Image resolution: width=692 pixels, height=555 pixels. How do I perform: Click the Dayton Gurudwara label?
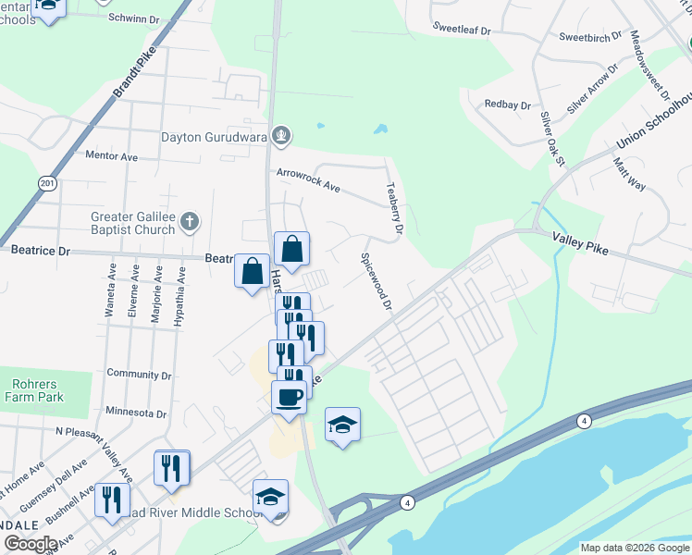click(214, 137)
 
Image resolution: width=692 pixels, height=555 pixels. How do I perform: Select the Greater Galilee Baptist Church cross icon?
click(189, 222)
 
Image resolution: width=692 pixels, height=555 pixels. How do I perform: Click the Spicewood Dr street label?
click(377, 281)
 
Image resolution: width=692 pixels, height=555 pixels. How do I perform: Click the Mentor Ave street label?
click(111, 156)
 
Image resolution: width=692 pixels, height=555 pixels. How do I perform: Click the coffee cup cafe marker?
click(289, 397)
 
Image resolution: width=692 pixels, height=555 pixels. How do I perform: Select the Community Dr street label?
click(140, 375)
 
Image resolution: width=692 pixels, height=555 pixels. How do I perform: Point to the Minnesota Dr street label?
click(136, 414)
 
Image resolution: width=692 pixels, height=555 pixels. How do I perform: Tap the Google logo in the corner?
click(31, 544)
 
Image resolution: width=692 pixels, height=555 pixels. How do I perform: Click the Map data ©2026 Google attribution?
click(634, 548)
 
